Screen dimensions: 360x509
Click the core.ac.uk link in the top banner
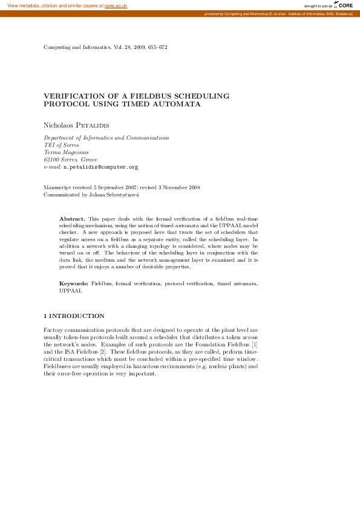tap(116, 5)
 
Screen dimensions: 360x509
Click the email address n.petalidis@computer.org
tap(101, 166)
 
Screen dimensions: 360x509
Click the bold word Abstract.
tap(71, 218)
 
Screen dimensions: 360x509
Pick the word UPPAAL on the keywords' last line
tap(70, 290)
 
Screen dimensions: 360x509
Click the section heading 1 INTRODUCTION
tap(74, 316)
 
